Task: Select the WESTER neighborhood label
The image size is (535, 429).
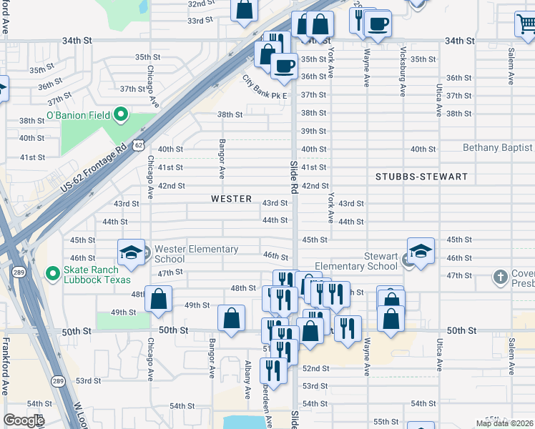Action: click(x=232, y=199)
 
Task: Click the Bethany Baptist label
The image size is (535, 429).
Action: click(x=498, y=148)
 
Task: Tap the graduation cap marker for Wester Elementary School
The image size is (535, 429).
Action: click(x=132, y=252)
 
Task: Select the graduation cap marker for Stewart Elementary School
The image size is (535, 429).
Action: click(x=421, y=251)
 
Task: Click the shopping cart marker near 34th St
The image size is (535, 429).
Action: click(x=526, y=24)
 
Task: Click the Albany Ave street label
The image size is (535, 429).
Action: click(x=247, y=379)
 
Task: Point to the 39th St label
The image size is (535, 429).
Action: click(x=313, y=132)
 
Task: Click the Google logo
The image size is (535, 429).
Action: click(x=23, y=420)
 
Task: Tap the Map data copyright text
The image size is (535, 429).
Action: click(x=504, y=423)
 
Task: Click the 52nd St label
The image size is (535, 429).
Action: click(x=315, y=368)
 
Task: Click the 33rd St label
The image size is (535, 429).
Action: click(x=200, y=21)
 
